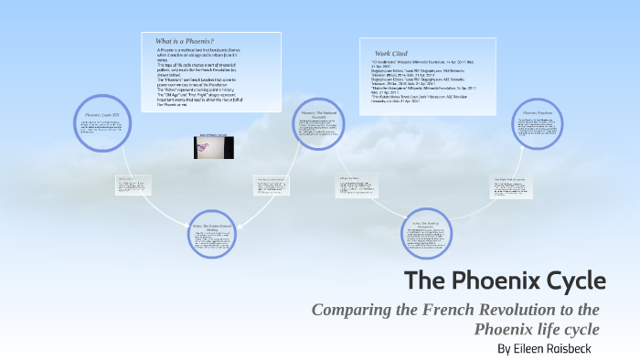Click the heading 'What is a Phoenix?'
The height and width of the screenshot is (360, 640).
pos(184,42)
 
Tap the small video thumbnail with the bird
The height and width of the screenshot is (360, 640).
pos(214,146)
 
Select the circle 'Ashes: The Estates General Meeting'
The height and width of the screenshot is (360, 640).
pos(215,235)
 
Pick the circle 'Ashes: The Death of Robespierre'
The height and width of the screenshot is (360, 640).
pos(427,238)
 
